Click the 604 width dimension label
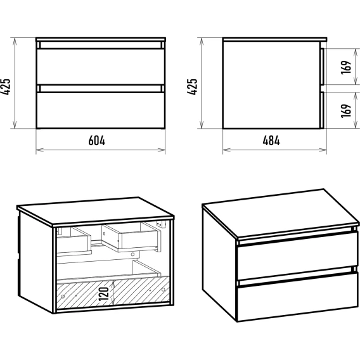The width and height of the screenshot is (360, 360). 97,141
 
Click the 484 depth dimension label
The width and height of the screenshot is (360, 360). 271,141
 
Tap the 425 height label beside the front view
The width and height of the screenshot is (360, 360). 6,87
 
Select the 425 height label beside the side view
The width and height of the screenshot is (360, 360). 193,87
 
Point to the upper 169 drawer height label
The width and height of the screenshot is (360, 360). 346,67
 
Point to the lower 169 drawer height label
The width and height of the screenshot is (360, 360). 346,111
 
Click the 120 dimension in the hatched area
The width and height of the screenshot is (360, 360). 103,294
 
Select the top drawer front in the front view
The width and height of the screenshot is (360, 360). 101,67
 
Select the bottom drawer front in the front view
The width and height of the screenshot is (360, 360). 101,110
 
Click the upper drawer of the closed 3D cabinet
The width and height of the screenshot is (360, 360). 297,256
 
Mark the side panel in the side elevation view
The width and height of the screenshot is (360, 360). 272,85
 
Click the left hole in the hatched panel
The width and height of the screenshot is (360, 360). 63,297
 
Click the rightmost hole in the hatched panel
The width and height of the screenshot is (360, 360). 164,290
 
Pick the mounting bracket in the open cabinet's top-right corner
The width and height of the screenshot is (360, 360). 161,224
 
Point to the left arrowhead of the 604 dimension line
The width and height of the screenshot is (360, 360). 39,150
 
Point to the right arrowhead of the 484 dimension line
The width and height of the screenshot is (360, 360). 323,150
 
